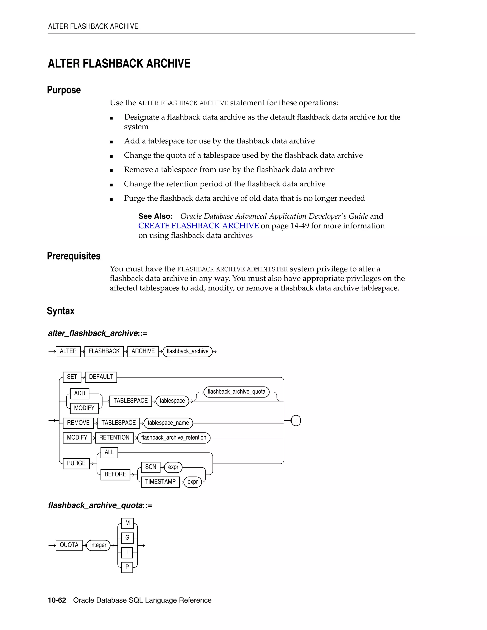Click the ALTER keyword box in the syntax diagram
[x=68, y=351]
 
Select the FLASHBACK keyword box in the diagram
[x=104, y=351]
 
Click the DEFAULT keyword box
[x=101, y=377]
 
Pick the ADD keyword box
[x=80, y=393]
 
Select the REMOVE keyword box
[x=78, y=423]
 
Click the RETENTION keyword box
[x=114, y=438]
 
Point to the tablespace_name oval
[x=168, y=423]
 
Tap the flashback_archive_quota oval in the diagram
[x=236, y=392]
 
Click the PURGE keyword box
[x=76, y=463]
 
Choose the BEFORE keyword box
[x=115, y=474]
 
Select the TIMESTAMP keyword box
[x=160, y=482]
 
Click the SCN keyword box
[x=151, y=467]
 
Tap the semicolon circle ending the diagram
[x=296, y=421]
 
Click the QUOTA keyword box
[x=69, y=545]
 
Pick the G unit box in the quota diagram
[x=127, y=538]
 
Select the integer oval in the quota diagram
[x=98, y=545]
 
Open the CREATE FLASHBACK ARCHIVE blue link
[x=199, y=226]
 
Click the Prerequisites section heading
[x=73, y=256]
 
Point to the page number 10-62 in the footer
[x=57, y=600]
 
